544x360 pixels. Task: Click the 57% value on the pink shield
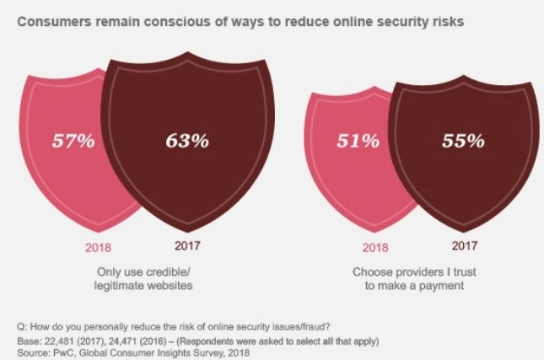click(x=75, y=141)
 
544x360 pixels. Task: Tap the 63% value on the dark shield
click(x=186, y=141)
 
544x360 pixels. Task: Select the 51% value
click(x=358, y=141)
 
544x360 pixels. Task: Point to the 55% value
click(x=463, y=141)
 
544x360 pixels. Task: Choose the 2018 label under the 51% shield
click(x=375, y=248)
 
